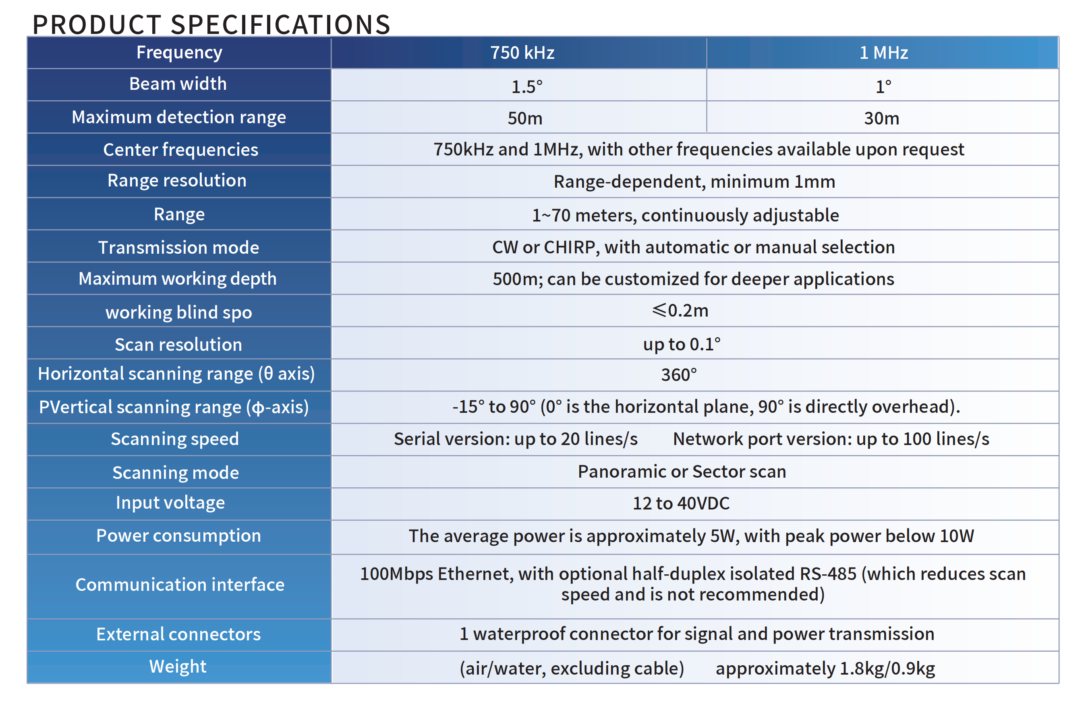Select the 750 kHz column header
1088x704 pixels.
click(x=522, y=53)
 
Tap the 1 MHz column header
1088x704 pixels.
click(x=883, y=53)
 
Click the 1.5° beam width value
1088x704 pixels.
click(x=526, y=87)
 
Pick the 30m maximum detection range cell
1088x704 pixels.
click(x=881, y=118)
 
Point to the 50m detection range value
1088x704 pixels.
click(x=525, y=118)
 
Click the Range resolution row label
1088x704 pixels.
click(x=177, y=180)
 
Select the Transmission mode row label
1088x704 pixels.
click(x=178, y=247)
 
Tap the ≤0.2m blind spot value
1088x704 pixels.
click(x=680, y=311)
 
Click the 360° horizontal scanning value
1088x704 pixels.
click(x=679, y=375)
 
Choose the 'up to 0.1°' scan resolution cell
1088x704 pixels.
click(x=681, y=344)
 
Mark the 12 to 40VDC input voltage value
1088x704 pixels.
click(x=681, y=503)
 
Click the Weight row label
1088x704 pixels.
click(x=178, y=667)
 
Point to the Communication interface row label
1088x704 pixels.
click(x=180, y=585)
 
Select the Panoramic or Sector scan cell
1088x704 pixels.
click(x=682, y=471)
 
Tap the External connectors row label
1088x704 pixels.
click(x=178, y=634)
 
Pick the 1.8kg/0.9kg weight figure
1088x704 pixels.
click(x=887, y=668)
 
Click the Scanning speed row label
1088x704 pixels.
click(x=175, y=439)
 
